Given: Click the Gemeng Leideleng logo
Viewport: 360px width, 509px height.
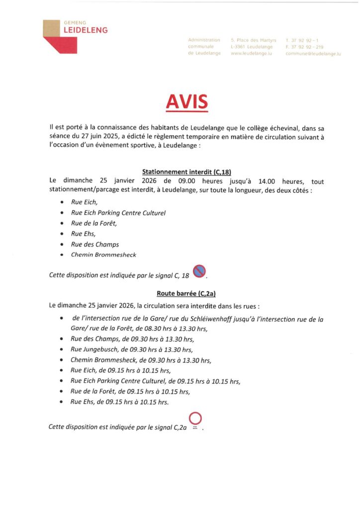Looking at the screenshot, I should coord(75,36).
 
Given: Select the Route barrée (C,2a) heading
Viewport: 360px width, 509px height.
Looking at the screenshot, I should coord(180,293).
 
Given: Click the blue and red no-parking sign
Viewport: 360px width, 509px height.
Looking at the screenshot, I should coord(199,272).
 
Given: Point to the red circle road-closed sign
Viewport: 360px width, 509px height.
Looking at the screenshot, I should coord(195,420).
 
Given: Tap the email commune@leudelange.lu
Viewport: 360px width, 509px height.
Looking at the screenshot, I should coord(313,53).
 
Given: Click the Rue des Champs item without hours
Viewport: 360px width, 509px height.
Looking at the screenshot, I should coord(95,244).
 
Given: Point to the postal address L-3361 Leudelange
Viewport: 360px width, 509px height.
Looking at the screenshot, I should coord(252,46).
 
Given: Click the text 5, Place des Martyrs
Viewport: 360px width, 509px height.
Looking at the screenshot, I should coord(254,39).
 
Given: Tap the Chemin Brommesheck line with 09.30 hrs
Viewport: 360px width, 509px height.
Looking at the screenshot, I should coord(141,360).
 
